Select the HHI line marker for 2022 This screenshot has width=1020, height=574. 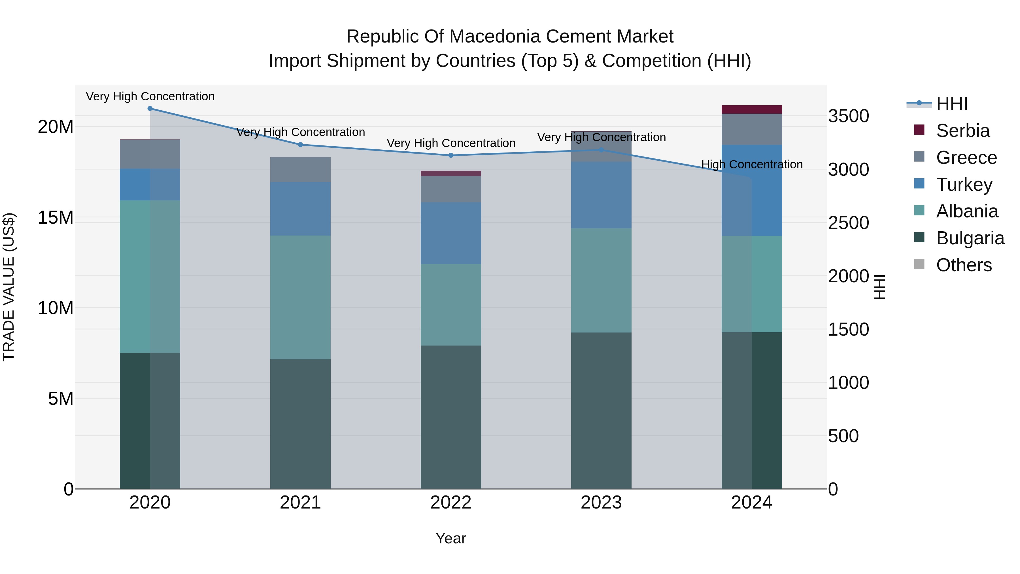tap(450, 155)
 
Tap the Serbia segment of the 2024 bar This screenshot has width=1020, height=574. tap(751, 109)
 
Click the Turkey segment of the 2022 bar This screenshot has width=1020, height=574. tap(450, 233)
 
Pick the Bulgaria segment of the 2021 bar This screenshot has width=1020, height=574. tap(300, 424)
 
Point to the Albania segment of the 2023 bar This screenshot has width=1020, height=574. tap(601, 280)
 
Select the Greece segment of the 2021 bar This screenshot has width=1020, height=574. tap(300, 170)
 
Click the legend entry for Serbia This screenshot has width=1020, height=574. tap(962, 131)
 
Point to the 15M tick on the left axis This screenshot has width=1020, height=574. tap(56, 217)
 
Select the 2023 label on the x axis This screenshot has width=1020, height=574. tap(601, 503)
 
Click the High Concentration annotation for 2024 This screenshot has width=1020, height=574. tap(751, 164)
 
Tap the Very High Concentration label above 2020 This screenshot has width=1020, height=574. tap(150, 96)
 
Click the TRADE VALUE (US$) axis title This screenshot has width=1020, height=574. tap(9, 287)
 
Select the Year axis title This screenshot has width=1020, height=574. tap(450, 538)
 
